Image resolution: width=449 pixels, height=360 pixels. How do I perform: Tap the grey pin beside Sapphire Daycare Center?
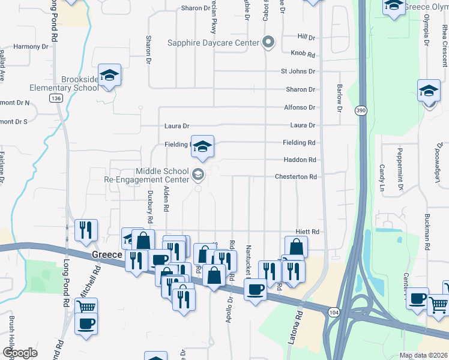click(268, 43)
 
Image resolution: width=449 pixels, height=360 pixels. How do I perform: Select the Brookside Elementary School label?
click(80, 83)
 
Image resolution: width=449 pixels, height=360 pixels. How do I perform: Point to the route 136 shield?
click(56, 98)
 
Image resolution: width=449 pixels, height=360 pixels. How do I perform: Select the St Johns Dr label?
click(298, 71)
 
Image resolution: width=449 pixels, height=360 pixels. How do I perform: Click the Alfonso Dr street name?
click(300, 107)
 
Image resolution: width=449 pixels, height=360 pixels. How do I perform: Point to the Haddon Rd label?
click(300, 160)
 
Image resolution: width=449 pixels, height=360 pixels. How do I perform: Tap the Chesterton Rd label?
click(295, 177)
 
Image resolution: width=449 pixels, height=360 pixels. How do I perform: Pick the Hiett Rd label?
click(306, 232)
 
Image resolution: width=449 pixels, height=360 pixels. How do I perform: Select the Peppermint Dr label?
click(400, 178)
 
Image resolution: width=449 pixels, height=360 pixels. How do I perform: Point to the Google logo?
click(20, 353)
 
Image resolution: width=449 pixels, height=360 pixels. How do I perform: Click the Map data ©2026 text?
click(423, 355)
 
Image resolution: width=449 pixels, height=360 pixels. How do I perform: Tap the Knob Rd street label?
click(303, 54)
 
